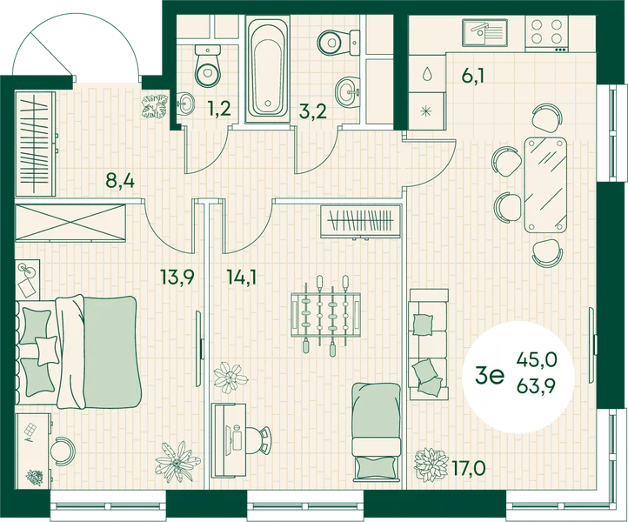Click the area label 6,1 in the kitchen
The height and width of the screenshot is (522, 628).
[x=472, y=76]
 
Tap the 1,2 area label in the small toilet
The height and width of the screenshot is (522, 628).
[x=219, y=109]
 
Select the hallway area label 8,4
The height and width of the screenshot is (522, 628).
[x=120, y=181]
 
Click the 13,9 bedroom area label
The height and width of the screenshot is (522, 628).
[x=177, y=277]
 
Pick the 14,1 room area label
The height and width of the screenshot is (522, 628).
[x=241, y=277]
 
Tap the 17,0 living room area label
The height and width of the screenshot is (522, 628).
[x=469, y=467]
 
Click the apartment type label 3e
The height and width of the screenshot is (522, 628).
[x=489, y=375]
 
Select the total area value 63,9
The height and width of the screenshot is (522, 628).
[x=537, y=387]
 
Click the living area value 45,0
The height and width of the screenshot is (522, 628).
[x=537, y=360]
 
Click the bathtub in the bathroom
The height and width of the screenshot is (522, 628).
[x=268, y=69]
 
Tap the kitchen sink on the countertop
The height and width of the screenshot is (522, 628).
[x=485, y=32]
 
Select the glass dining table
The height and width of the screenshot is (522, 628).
[x=545, y=185]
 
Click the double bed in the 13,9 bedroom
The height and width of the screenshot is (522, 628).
[x=80, y=351]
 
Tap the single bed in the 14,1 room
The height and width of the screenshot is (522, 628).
[x=376, y=432]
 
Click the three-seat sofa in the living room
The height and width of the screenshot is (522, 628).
[x=428, y=344]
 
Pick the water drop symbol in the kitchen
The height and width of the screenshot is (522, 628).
[x=427, y=73]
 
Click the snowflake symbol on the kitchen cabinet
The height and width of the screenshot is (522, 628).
[x=427, y=111]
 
